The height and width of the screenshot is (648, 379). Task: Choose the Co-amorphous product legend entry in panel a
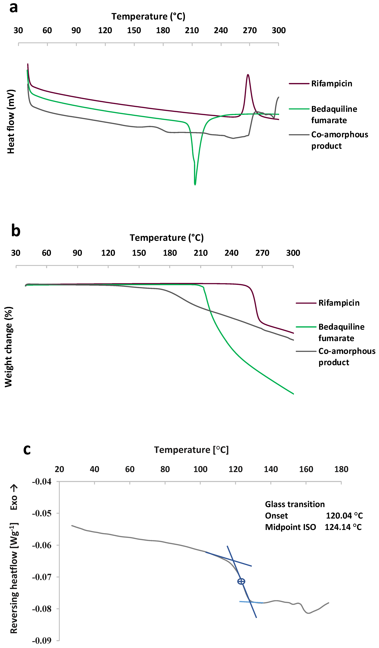(339, 140)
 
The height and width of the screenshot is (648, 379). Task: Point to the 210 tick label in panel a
(192, 30)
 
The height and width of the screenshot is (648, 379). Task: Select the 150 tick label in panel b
(139, 253)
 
